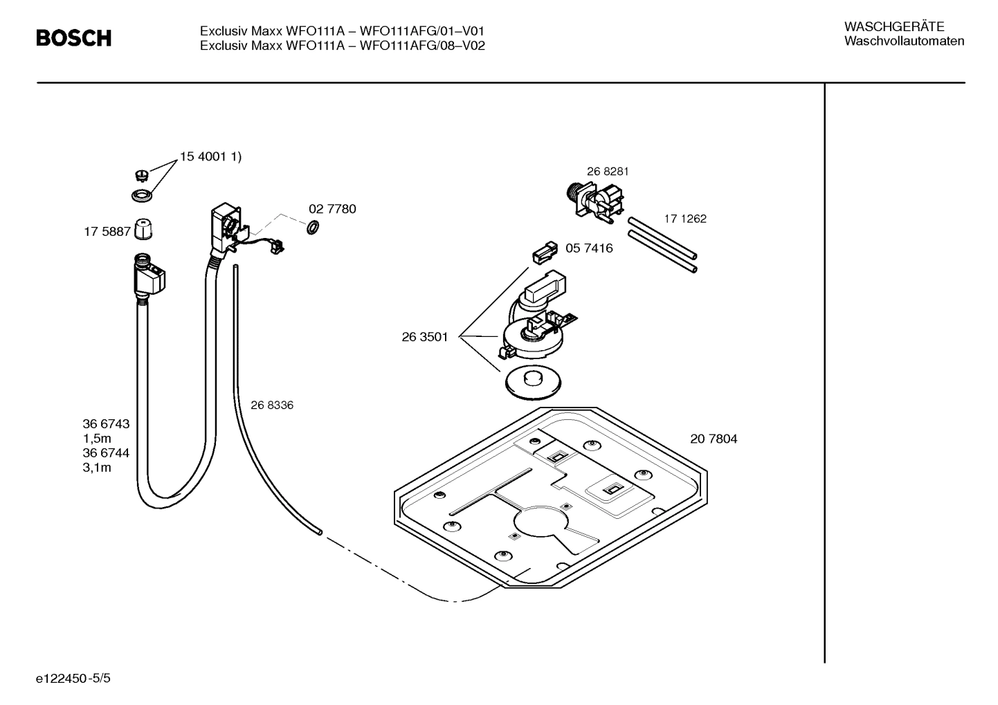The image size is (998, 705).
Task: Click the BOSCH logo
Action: (73, 38)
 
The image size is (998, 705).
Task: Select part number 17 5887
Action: (107, 232)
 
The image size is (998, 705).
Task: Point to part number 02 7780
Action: (332, 209)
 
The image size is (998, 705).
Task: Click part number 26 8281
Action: (608, 172)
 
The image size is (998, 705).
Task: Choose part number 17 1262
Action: (685, 219)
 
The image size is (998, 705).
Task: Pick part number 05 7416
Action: (589, 248)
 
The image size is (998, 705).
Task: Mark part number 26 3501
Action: (425, 337)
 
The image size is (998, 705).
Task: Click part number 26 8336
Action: (272, 405)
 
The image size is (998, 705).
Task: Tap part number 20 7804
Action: (714, 439)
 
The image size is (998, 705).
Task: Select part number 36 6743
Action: (106, 424)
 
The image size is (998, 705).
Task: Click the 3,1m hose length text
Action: (97, 468)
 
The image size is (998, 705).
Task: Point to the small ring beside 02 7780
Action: (312, 226)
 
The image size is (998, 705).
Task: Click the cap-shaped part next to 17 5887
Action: (143, 228)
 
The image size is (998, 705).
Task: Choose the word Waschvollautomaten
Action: (904, 42)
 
